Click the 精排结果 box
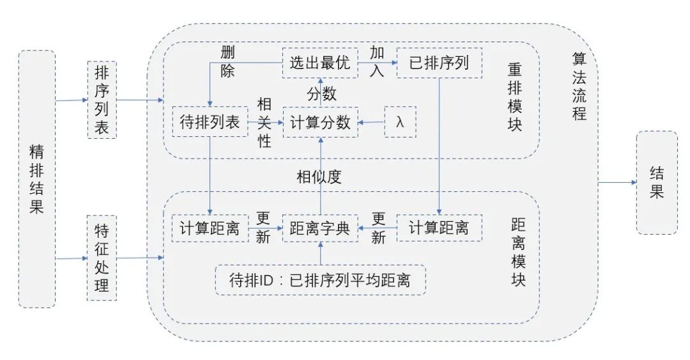tap(37, 179)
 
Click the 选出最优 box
tap(319, 63)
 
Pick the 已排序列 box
tap(439, 63)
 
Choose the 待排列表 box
tap(210, 122)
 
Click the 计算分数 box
tap(320, 122)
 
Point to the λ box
tap(401, 122)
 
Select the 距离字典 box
tap(319, 228)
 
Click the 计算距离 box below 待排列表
tap(210, 228)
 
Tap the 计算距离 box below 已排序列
tap(439, 228)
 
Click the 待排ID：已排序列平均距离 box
tap(319, 280)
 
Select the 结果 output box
tap(657, 182)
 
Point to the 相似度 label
tap(319, 176)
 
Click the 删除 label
tap(227, 61)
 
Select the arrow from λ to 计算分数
tap(371, 122)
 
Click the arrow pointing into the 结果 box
tap(617, 182)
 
